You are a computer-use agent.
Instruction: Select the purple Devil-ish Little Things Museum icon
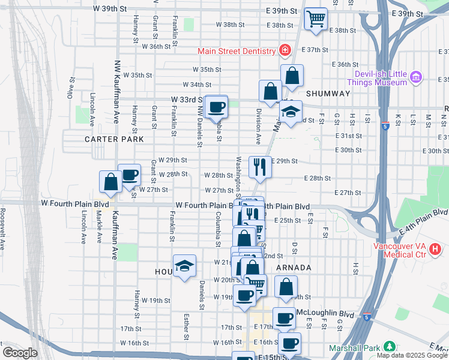coord(416,77)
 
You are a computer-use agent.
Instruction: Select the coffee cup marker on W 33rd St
coord(216,107)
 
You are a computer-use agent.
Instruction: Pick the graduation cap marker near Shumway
coord(291,112)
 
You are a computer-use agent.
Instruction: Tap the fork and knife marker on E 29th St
coord(260,166)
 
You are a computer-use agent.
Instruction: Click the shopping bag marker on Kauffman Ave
coord(111,182)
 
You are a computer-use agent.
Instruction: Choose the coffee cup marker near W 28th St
coord(129,175)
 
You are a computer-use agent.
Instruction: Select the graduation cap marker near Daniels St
coord(185,266)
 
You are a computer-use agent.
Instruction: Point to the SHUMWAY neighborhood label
coord(327,94)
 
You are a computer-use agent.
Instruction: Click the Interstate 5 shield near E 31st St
coord(385,127)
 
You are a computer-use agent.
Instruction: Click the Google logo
coord(19,353)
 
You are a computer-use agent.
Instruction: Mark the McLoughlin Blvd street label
coord(330,314)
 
